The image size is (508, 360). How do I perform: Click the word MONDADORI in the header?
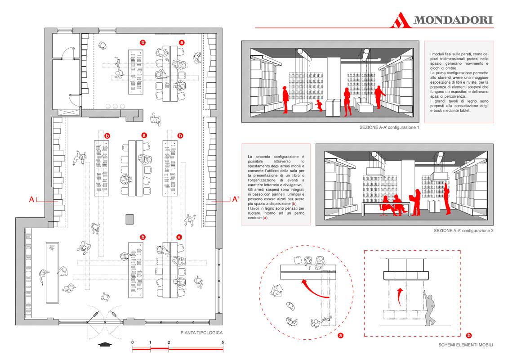453,20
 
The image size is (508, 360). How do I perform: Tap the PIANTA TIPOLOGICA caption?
201,333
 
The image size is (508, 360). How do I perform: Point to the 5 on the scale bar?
223,342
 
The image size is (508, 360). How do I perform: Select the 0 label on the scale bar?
133,342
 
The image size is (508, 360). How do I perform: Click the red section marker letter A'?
236,199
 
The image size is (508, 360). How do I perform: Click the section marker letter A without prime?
32,199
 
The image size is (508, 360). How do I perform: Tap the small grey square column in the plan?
130,219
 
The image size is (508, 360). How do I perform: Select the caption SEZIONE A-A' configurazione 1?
389,127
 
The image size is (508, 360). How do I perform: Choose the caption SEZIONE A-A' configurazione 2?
463,230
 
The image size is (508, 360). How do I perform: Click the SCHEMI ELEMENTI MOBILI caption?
466,345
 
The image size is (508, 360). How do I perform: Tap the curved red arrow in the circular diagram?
316,291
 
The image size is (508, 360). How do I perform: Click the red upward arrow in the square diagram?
400,297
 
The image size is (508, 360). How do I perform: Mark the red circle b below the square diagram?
468,335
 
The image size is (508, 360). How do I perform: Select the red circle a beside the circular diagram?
340,335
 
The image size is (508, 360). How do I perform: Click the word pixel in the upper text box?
435,59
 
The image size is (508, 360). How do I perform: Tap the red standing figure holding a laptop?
416,202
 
